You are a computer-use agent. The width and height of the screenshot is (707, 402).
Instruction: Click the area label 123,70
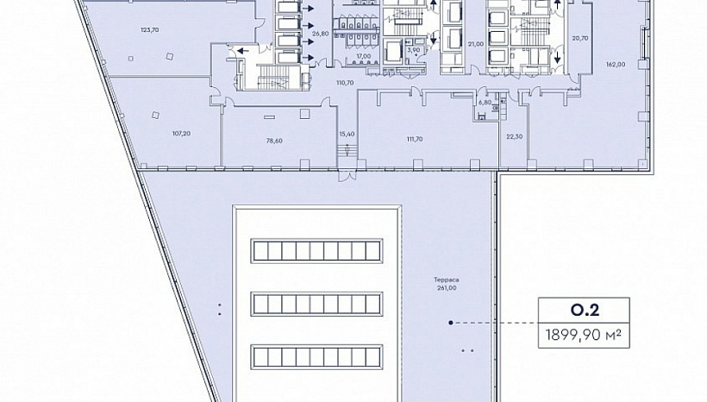click(150, 30)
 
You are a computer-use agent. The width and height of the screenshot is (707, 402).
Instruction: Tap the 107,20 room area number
click(181, 134)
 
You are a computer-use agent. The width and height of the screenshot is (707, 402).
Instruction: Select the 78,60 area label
click(274, 141)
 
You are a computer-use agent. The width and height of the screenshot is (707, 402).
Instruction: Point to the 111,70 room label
click(415, 140)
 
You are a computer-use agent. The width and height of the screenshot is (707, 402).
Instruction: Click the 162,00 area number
click(616, 65)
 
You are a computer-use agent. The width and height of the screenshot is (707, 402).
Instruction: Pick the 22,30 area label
click(514, 136)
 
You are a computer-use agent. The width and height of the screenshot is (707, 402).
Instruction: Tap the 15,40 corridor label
click(347, 134)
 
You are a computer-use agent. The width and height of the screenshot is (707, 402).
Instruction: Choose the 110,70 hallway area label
click(345, 83)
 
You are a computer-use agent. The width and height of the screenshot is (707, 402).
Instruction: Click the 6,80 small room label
click(485, 103)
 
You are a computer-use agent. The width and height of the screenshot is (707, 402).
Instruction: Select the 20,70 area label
click(580, 38)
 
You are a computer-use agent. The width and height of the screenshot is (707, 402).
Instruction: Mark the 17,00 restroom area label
click(364, 56)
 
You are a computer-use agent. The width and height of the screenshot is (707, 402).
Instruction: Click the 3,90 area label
click(414, 50)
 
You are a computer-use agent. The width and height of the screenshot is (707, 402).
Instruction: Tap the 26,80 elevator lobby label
click(320, 34)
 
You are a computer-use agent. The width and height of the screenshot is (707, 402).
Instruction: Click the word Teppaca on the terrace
click(447, 280)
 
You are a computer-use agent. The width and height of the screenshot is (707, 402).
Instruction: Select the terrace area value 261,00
click(447, 288)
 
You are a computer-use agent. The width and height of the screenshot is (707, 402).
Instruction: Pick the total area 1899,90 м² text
click(584, 335)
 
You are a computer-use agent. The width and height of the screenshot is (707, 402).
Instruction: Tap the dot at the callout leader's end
click(450, 323)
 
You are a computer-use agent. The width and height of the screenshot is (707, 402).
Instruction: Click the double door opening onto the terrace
click(347, 175)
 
